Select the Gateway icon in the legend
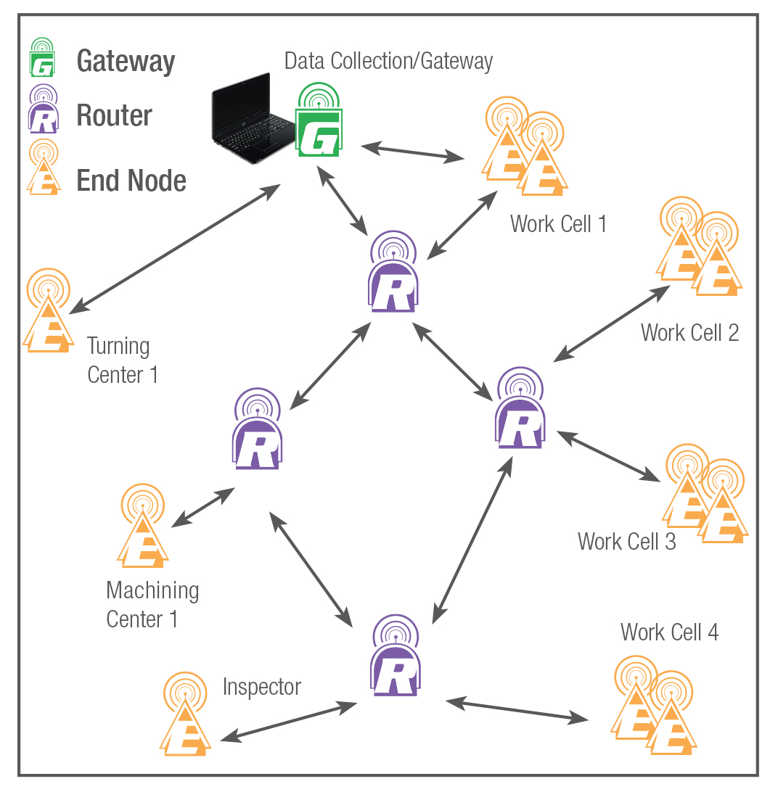click(x=42, y=59)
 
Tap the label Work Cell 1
click(x=558, y=223)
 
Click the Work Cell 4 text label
click(x=669, y=632)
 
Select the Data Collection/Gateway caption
click(x=388, y=61)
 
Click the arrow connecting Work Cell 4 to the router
click(x=517, y=709)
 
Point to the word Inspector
click(x=261, y=686)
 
